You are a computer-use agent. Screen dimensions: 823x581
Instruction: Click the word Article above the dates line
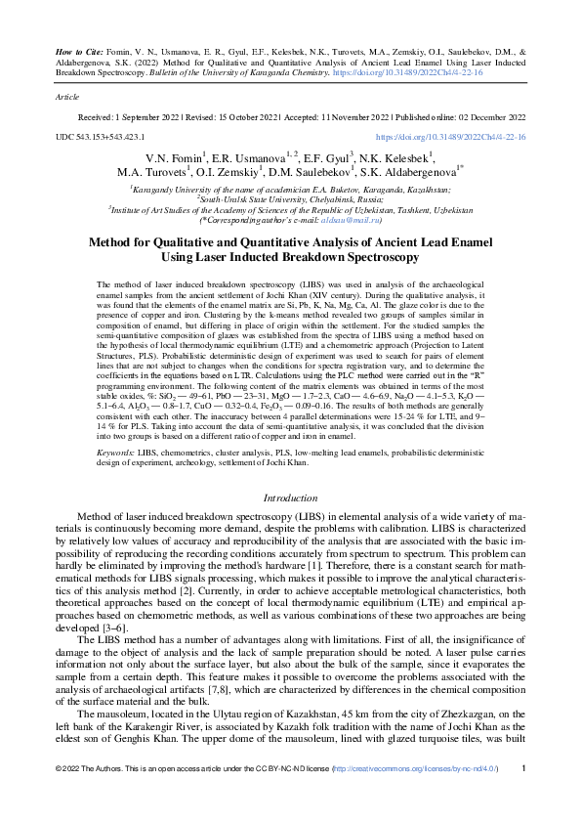tap(66, 99)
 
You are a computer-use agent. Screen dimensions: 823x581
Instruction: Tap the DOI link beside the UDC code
tap(450, 138)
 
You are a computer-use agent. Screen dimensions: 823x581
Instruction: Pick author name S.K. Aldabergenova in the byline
tap(399, 172)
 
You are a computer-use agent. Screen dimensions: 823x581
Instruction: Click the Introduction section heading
tap(290, 498)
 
